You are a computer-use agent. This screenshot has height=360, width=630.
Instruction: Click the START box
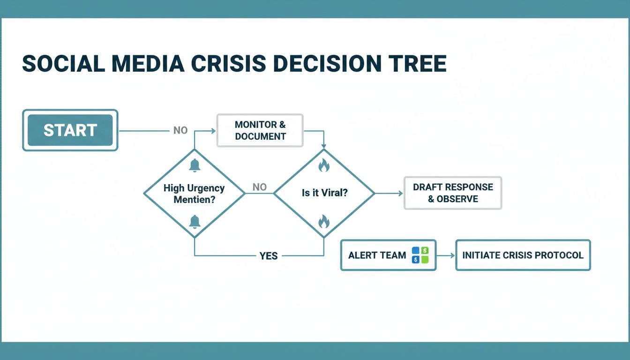click(70, 130)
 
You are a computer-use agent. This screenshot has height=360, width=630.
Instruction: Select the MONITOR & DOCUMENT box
click(260, 130)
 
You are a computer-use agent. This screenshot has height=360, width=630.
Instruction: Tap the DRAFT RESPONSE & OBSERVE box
click(453, 193)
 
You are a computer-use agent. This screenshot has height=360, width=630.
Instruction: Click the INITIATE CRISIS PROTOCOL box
click(523, 255)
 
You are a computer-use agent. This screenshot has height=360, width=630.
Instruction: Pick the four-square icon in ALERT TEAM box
click(420, 255)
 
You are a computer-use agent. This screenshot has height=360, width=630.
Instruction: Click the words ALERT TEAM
click(377, 255)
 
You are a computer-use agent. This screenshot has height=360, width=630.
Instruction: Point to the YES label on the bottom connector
click(269, 256)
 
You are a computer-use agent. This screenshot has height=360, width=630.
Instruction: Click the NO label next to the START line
click(180, 130)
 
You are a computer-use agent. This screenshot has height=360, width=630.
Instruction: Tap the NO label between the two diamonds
click(259, 187)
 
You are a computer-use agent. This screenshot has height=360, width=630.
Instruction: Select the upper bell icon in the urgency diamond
click(195, 165)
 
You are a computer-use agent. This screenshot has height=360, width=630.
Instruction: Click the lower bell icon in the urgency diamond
click(195, 222)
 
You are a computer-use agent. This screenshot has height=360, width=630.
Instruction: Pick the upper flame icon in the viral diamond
click(323, 165)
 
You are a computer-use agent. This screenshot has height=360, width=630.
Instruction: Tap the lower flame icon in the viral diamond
click(323, 221)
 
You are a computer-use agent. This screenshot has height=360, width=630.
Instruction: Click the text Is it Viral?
click(324, 193)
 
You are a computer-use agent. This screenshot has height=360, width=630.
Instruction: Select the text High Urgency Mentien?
click(194, 194)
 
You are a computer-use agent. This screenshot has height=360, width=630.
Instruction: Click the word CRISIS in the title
click(227, 64)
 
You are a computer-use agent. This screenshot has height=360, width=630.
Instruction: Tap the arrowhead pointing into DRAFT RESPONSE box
click(400, 193)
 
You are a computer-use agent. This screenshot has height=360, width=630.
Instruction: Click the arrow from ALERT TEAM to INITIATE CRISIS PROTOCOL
click(446, 255)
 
